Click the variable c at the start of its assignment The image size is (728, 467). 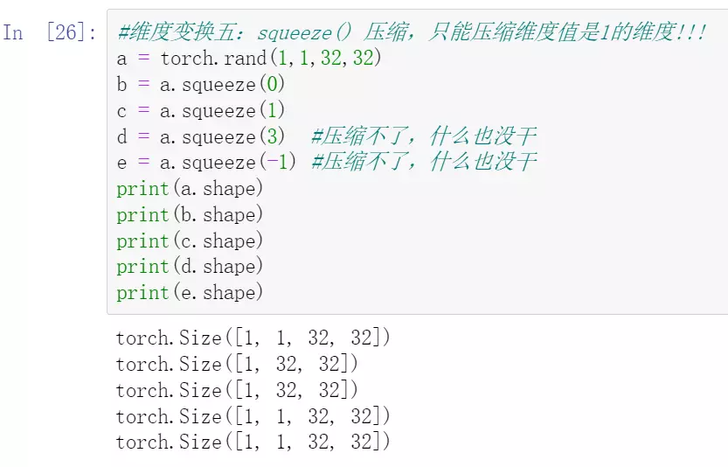click(121, 111)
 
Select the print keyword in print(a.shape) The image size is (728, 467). click(142, 189)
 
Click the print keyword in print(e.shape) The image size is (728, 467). click(142, 292)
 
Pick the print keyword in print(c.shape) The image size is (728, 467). click(142, 240)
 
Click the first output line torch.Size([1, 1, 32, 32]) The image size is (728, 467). click(253, 338)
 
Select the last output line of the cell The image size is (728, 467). click(253, 443)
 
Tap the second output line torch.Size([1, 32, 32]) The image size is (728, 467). click(237, 364)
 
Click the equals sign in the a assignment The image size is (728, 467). click(142, 59)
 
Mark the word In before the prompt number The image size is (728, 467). click(13, 33)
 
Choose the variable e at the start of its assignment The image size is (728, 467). click(121, 163)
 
